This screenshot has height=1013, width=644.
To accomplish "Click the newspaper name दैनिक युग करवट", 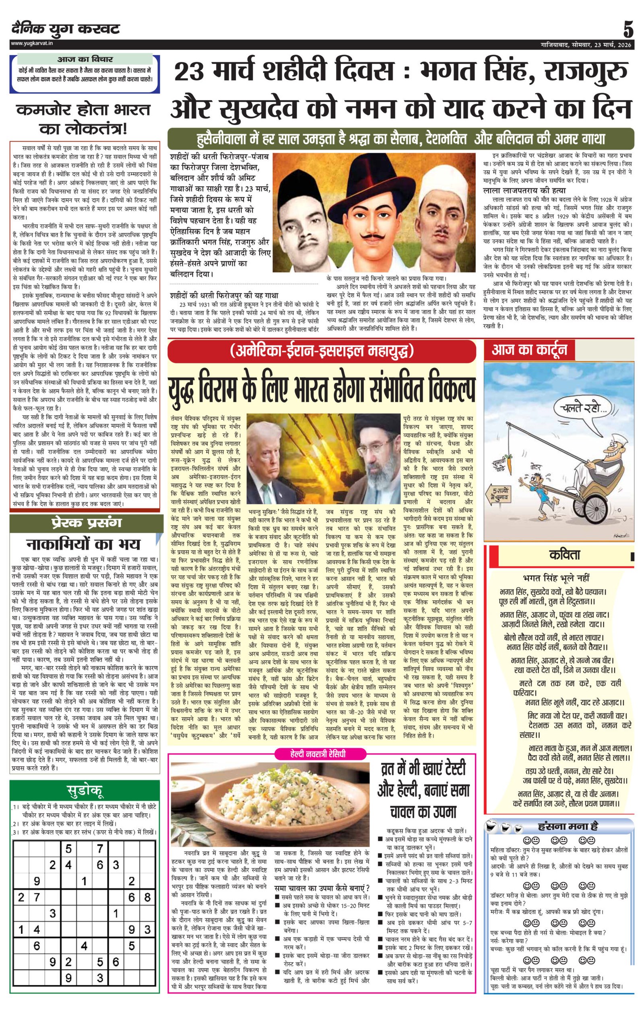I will (x=66, y=29).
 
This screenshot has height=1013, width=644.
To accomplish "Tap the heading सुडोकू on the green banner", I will (x=85, y=791).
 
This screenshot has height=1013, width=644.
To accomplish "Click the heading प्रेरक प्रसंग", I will (x=86, y=523).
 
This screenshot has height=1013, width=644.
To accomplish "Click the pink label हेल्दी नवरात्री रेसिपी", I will (x=321, y=754).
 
